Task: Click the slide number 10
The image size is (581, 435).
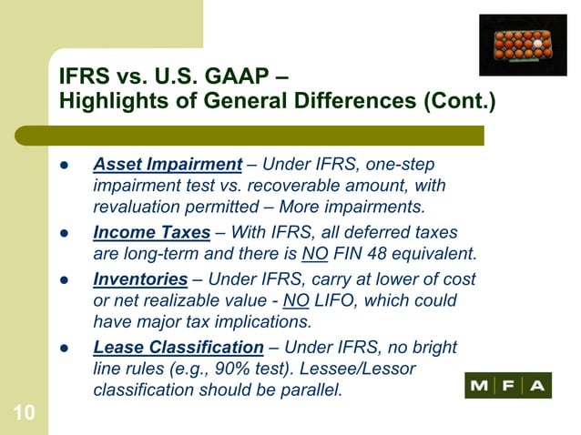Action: [x=25, y=414]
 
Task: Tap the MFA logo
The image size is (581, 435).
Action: [x=507, y=386]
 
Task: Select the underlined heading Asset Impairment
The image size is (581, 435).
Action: [x=167, y=165]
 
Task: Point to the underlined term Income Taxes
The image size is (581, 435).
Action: [x=152, y=232]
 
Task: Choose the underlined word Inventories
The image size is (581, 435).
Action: [x=140, y=278]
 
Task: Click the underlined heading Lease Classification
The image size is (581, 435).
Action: [x=178, y=347]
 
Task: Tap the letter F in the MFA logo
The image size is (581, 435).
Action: [x=508, y=386]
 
